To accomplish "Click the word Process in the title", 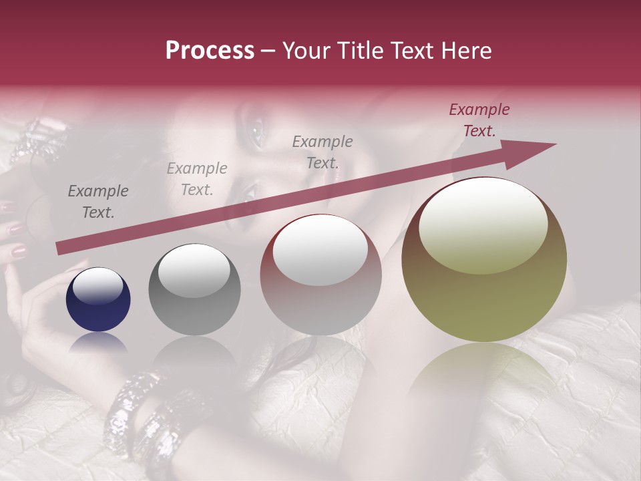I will click(210, 51).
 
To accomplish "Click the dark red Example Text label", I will click(479, 120).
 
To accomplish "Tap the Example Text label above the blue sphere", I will click(98, 202).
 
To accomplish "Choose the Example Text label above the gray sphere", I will click(197, 179).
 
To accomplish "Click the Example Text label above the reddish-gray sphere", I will click(323, 152).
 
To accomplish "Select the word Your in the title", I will click(307, 51).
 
